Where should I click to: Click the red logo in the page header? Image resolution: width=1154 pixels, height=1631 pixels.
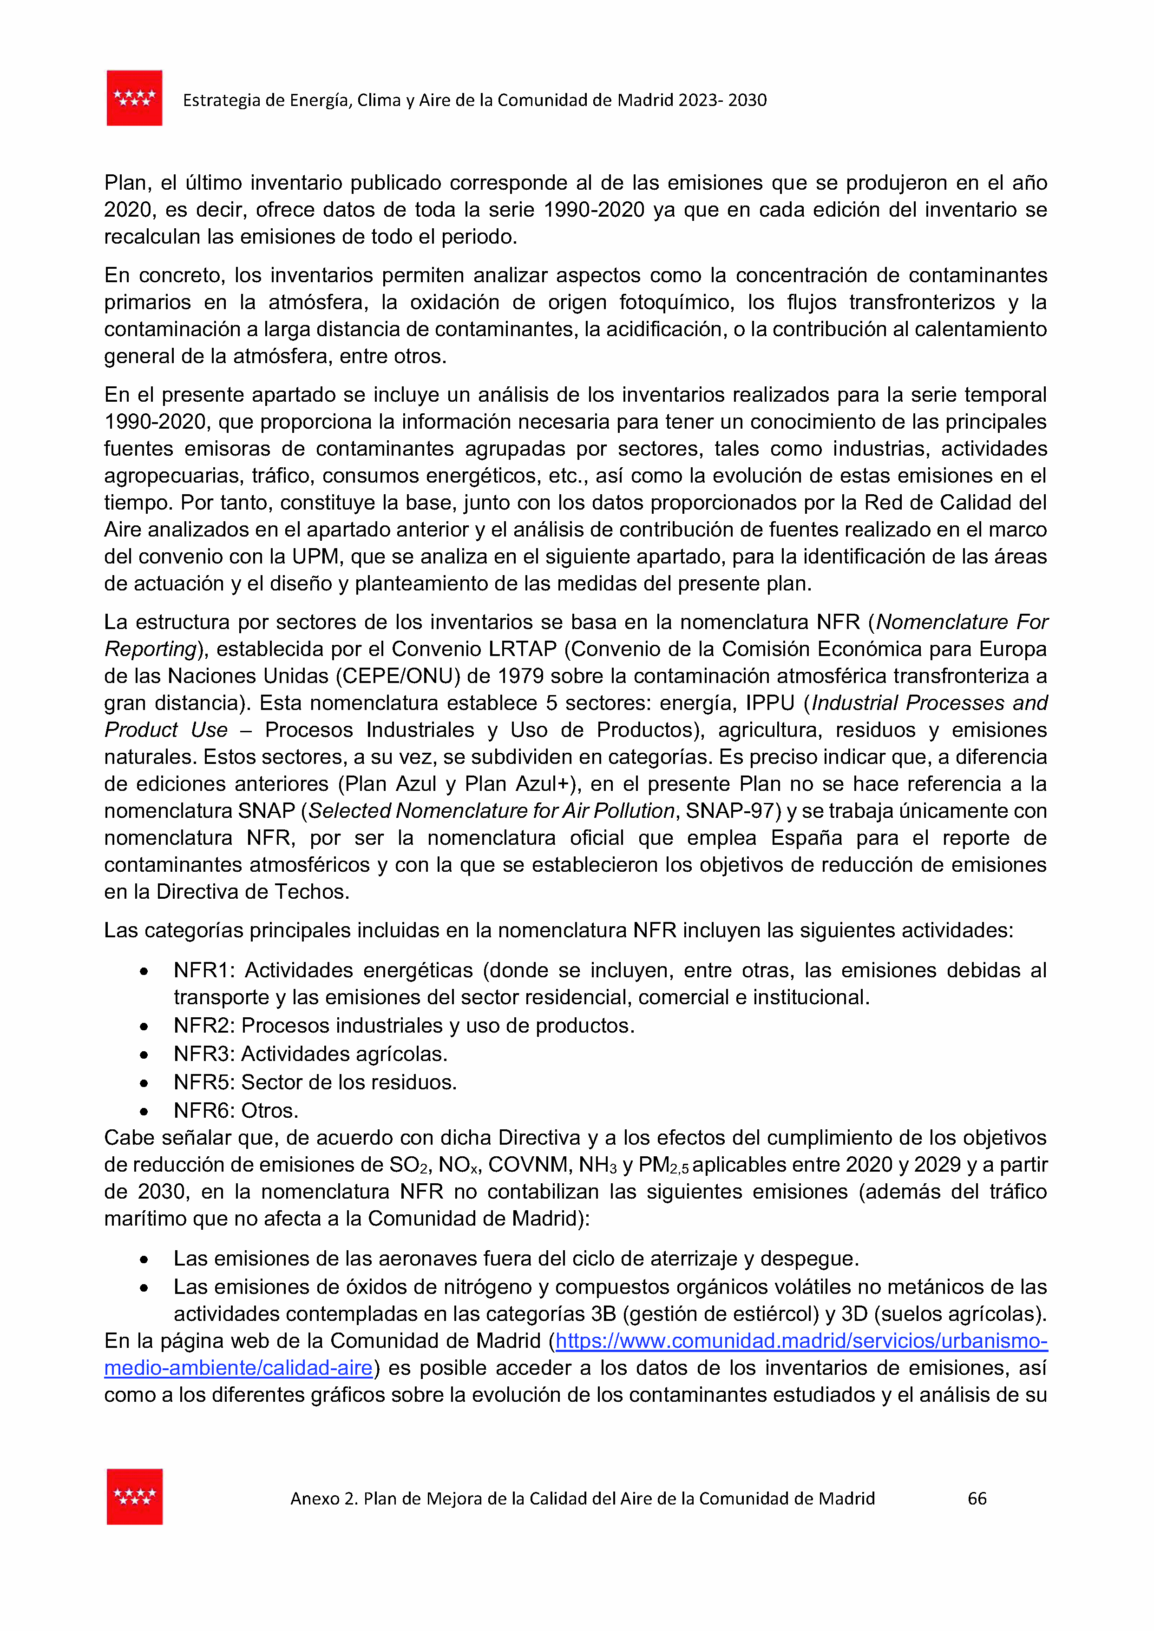click(134, 98)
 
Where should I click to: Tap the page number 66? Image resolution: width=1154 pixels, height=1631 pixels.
click(977, 1499)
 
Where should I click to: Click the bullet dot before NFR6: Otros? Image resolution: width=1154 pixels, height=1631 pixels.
click(144, 1111)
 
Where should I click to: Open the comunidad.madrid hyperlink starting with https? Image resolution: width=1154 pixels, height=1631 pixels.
click(801, 1342)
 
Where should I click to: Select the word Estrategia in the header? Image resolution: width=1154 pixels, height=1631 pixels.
click(221, 100)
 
